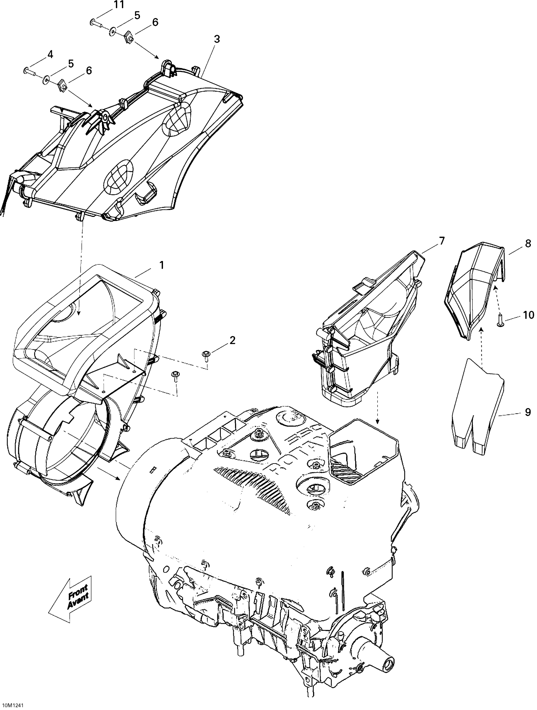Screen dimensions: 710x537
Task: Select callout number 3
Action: point(217,39)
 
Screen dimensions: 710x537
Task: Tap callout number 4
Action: point(50,55)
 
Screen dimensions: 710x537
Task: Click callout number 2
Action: point(232,340)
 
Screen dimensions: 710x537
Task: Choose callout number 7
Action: point(442,241)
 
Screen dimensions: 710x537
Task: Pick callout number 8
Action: point(528,244)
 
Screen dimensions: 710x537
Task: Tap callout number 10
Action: point(528,315)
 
